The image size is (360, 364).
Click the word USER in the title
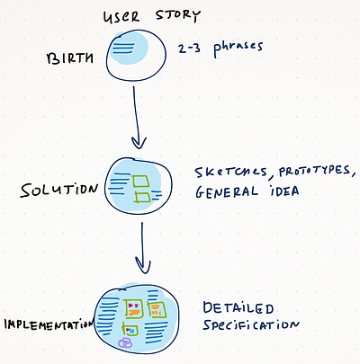121,17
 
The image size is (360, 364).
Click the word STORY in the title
177,15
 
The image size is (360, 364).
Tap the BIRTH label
69,58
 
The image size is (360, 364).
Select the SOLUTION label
59,191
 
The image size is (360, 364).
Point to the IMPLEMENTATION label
49,324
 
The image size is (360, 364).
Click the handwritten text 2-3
189,49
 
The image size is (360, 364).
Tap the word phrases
238,49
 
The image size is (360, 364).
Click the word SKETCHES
231,173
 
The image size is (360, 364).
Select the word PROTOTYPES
314,171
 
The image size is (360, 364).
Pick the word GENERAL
227,191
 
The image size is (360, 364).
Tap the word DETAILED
238,308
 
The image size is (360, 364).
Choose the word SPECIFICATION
251,324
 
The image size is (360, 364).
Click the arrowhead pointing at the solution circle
139,143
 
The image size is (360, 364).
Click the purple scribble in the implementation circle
125,342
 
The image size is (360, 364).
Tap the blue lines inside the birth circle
123,49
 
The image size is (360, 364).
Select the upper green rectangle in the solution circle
140,181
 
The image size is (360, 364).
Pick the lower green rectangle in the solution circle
142,198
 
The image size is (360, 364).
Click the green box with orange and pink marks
133,308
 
